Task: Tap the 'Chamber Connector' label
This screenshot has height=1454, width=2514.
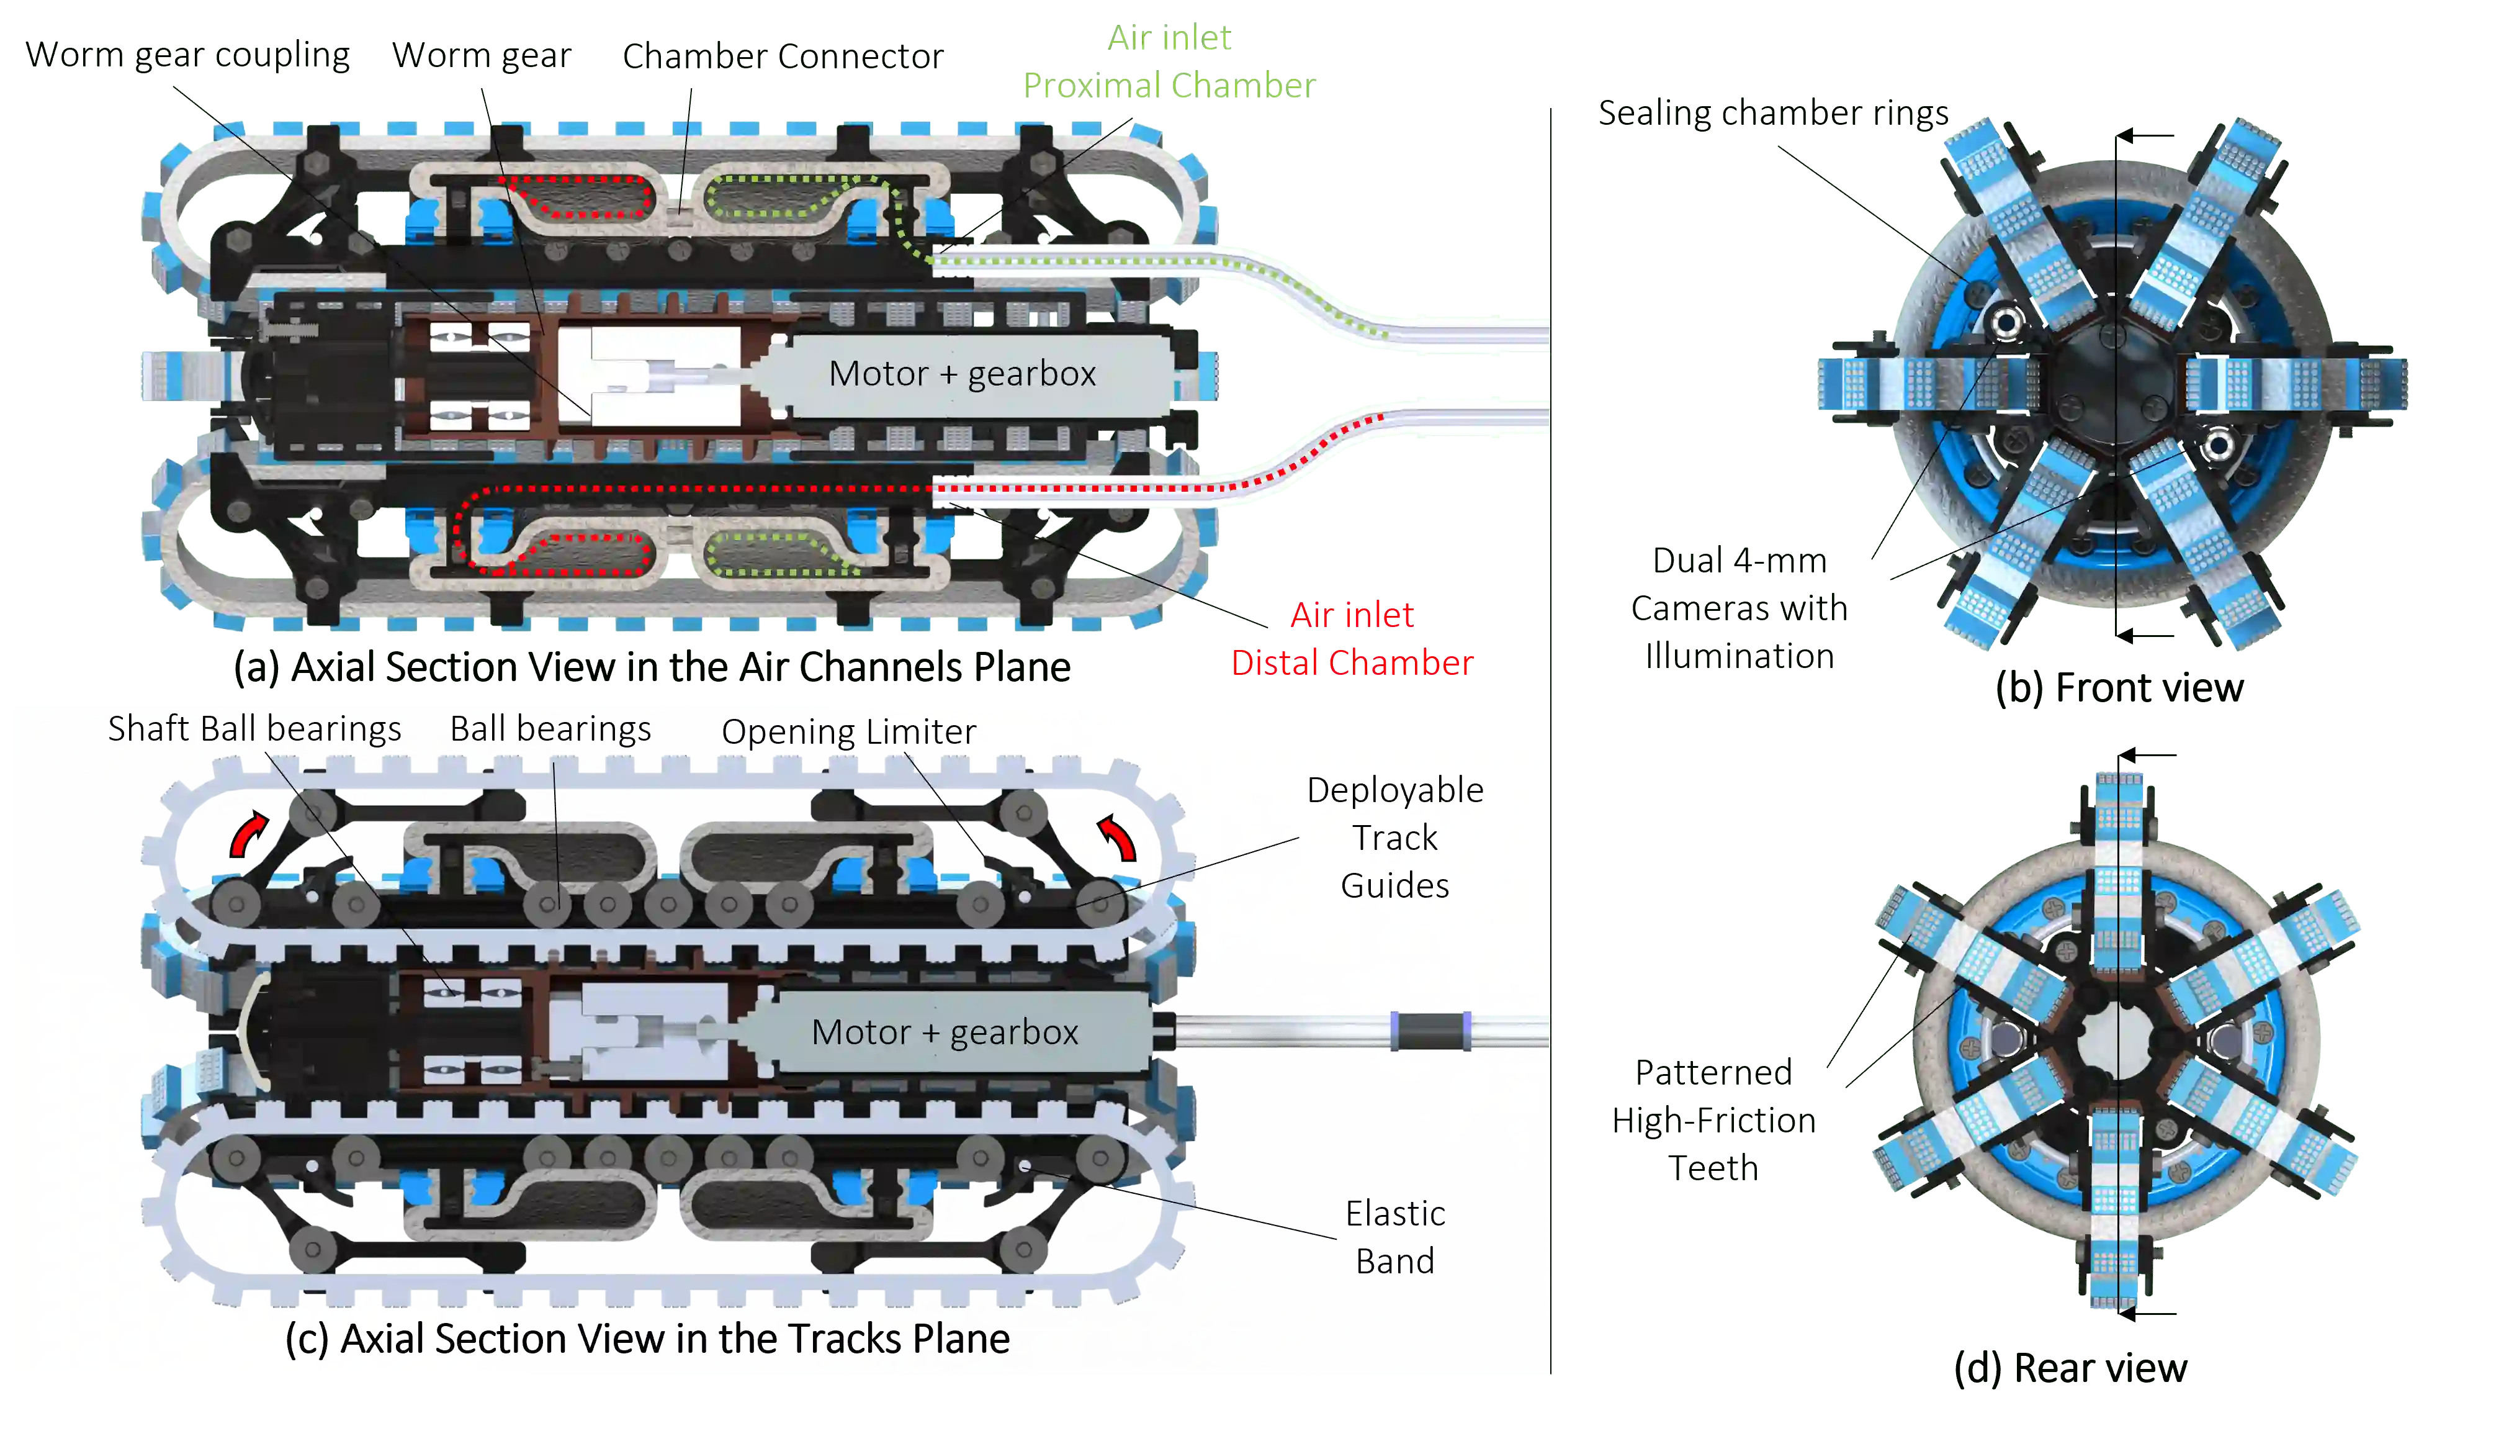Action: click(x=783, y=56)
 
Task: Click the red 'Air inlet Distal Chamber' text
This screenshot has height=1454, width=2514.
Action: click(x=1352, y=639)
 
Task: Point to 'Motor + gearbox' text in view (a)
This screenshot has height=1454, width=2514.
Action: click(x=962, y=374)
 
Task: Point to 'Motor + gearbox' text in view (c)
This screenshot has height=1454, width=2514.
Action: click(x=945, y=1032)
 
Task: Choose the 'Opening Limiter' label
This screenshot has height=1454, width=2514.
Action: click(x=848, y=731)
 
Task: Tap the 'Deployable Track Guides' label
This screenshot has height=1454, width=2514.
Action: click(x=1394, y=838)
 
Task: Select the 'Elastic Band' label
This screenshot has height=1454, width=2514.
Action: click(x=1394, y=1237)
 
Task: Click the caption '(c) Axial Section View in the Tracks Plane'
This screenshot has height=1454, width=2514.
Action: click(x=647, y=1339)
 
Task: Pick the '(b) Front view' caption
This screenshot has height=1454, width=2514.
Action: click(x=2120, y=689)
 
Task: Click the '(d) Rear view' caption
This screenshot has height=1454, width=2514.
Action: click(x=2070, y=1368)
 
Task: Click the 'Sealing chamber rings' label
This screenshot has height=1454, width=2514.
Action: click(x=1774, y=115)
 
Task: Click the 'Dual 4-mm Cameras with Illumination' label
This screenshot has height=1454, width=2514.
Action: click(x=1738, y=609)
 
